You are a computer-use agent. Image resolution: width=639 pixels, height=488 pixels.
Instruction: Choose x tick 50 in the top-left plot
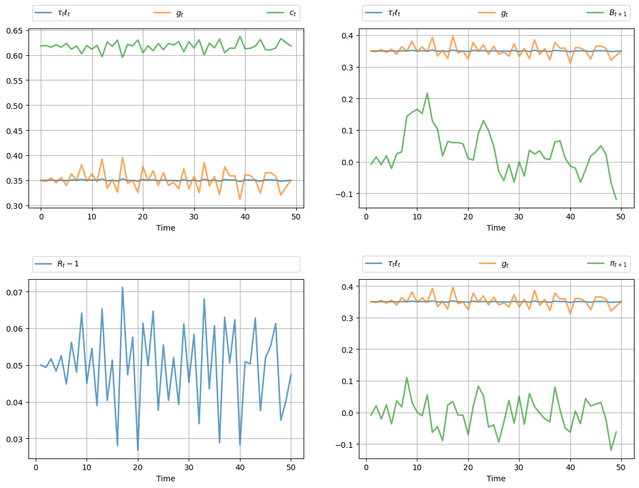296,216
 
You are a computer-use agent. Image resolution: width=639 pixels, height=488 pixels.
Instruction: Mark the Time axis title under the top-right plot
496,228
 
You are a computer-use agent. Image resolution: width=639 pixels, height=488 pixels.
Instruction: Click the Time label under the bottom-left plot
166,479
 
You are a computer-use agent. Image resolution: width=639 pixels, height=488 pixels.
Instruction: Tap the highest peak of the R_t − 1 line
122,288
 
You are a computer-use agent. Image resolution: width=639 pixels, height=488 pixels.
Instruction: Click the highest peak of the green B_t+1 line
427,93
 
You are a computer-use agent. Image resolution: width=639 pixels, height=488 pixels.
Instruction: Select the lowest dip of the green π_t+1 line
611,450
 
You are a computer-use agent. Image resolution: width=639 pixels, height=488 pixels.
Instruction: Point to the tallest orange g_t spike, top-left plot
122,157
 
